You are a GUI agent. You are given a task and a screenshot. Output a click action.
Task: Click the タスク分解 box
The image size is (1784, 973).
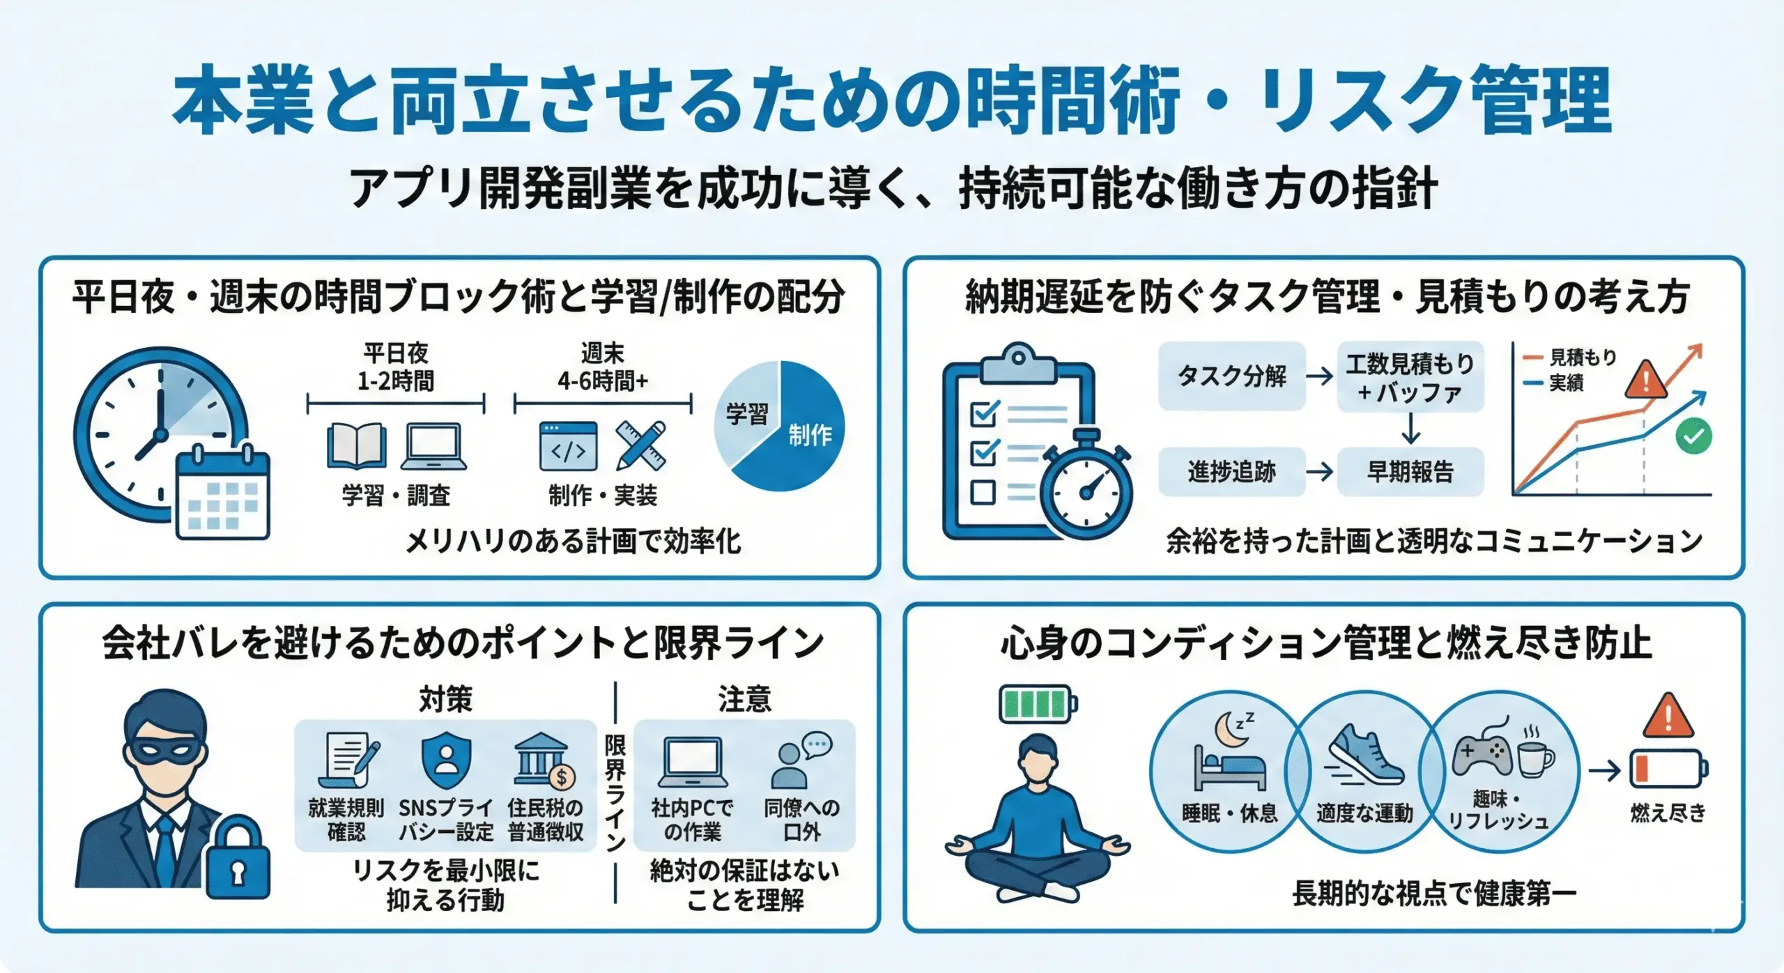pos(1231,376)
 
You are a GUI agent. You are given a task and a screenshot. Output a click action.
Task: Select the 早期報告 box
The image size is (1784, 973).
pos(1410,472)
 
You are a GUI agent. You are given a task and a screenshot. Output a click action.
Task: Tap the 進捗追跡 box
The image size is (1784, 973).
pos(1231,472)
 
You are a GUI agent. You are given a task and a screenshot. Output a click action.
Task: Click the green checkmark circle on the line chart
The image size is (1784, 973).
pos(1693,436)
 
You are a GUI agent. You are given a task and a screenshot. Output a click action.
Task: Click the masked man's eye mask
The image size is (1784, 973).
pos(164,751)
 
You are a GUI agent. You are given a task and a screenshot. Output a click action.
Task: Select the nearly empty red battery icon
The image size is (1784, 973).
pos(1668,769)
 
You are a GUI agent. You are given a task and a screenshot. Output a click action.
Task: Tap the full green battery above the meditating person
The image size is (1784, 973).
pos(1037,704)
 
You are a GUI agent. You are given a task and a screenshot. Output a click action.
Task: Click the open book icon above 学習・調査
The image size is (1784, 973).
pos(357,446)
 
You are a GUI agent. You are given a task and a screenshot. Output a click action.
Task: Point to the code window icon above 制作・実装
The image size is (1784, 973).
pos(569,446)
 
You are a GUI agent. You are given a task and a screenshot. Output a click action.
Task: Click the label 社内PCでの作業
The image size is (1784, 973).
pos(692,820)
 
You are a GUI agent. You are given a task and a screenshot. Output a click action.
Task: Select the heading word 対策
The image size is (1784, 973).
pos(446,699)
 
